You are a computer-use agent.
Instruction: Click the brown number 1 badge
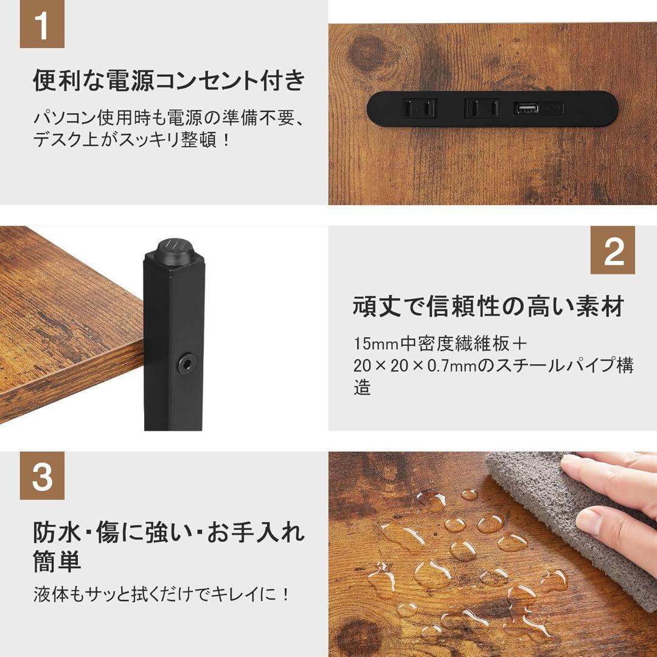[42, 26]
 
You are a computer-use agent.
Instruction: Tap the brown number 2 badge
[613, 250]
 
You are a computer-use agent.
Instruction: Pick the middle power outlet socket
[482, 109]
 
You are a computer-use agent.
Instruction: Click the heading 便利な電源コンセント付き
[169, 81]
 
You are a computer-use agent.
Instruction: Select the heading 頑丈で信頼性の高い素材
[488, 306]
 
